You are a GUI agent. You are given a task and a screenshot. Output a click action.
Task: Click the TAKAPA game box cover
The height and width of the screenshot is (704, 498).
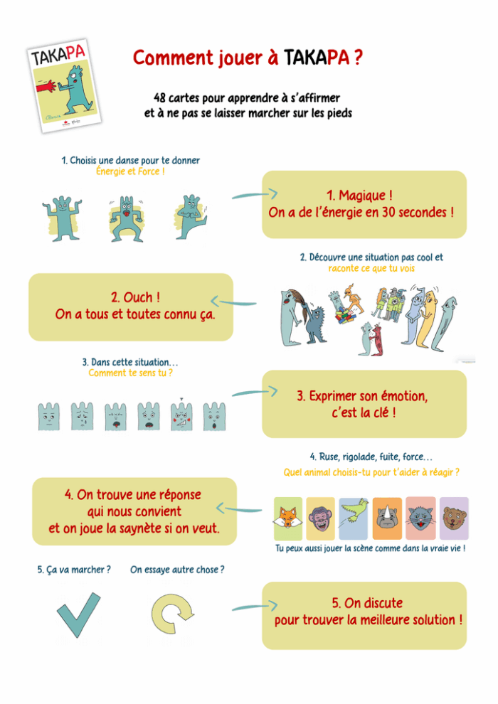coord(64,86)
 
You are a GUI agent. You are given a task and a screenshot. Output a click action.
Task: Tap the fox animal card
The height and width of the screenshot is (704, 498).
coord(288,518)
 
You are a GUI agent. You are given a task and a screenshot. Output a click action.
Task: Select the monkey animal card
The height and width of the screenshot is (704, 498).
coord(321,518)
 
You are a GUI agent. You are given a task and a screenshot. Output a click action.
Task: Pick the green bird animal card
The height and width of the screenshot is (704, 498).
coord(354,518)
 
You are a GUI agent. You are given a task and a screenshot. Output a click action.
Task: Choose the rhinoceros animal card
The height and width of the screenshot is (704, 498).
coord(387,518)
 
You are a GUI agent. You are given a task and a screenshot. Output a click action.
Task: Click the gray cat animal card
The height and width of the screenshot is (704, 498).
coord(420,518)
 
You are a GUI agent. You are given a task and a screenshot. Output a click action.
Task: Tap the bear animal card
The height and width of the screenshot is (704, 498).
coord(454,518)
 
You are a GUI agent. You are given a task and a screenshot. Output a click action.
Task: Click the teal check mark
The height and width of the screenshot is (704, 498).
coord(78,614)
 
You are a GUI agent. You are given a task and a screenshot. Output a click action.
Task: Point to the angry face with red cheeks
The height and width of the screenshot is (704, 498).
coord(181,416)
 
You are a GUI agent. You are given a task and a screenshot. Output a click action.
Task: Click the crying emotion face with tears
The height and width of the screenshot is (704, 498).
coord(83,416)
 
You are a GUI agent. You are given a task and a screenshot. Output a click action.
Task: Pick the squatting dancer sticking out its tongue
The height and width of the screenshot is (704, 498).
coord(127,219)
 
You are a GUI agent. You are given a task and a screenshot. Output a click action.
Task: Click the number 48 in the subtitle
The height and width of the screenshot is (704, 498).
coord(160,97)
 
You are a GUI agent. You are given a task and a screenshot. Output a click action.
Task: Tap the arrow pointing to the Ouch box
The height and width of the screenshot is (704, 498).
coord(233,302)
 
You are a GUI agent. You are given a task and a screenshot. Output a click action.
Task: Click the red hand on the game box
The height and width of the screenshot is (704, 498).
coord(46,86)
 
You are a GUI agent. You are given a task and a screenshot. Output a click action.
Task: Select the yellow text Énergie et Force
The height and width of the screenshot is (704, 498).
coord(130,171)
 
